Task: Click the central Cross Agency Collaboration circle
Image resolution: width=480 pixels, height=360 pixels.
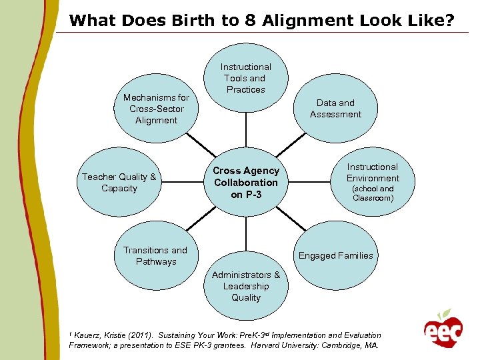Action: (245, 183)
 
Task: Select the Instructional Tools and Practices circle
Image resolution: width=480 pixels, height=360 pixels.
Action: (245, 79)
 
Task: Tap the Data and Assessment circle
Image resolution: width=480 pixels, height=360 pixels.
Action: (335, 109)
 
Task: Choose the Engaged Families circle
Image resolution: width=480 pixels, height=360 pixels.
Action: (335, 255)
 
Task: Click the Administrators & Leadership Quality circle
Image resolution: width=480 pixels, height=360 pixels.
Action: (245, 287)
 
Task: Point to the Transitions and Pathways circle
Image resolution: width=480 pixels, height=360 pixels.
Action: (155, 255)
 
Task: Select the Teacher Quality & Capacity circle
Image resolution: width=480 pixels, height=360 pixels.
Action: (119, 182)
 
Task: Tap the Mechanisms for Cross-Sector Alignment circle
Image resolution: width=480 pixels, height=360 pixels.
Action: (156, 109)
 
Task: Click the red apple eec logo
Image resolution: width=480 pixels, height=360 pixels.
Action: (442, 329)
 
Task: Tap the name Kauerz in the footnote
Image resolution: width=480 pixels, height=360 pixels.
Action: (89, 335)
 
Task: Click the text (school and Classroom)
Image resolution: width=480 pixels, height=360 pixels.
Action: (373, 193)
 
